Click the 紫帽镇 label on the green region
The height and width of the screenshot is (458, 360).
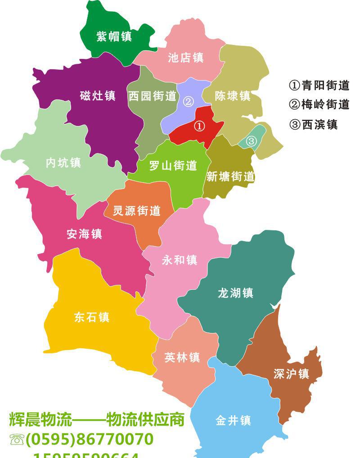pyautogui.click(x=114, y=36)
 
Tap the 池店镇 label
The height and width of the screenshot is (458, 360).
pyautogui.click(x=185, y=58)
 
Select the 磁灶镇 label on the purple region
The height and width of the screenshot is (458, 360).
pyautogui.click(x=98, y=95)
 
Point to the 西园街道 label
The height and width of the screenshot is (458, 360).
pyautogui.click(x=152, y=96)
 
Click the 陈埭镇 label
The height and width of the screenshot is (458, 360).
pyautogui.click(x=232, y=96)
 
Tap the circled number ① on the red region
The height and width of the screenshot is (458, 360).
pyautogui.click(x=199, y=126)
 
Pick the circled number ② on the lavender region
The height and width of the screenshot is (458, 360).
pyautogui.click(x=189, y=101)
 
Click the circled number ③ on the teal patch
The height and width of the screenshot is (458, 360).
pyautogui.click(x=251, y=141)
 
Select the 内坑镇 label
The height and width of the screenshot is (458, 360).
pyautogui.click(x=63, y=162)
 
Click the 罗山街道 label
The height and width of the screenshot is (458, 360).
pyautogui.click(x=173, y=166)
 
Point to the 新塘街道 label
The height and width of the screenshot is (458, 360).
pyautogui.click(x=230, y=176)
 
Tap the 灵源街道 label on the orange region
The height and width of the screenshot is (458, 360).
pyautogui.click(x=136, y=210)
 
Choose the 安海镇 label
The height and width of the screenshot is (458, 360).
pyautogui.click(x=84, y=234)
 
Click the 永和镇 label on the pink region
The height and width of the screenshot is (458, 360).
pyautogui.click(x=180, y=260)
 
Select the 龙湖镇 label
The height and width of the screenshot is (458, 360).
pyautogui.click(x=235, y=293)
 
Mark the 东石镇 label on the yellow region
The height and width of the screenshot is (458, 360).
pyautogui.click(x=92, y=317)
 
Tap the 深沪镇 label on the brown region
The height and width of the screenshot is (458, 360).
pyautogui.click(x=291, y=373)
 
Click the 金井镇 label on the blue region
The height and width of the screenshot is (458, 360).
pyautogui.click(x=233, y=420)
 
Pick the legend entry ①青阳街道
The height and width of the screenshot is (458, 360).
pyautogui.click(x=319, y=85)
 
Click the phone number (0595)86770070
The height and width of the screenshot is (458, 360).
pyautogui.click(x=89, y=439)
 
